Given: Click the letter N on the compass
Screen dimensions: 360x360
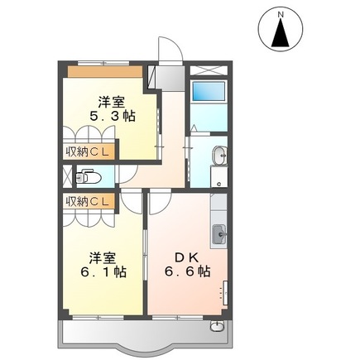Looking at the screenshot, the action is click(281, 15).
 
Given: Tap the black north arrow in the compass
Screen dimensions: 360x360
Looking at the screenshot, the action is click(281, 32).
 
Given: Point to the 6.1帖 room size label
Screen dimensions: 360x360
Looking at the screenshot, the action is click(103, 272).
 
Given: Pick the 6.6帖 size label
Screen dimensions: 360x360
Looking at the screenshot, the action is click(188, 272).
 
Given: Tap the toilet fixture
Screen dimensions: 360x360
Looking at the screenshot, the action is click(88, 177).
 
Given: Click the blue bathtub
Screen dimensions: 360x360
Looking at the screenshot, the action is click(209, 91).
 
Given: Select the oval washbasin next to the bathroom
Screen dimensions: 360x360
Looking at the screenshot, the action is click(219, 155).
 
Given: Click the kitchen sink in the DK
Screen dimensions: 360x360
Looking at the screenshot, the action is click(219, 234).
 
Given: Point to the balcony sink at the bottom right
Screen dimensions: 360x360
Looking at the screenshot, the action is click(217, 326).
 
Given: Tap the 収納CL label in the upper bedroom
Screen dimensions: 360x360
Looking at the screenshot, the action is click(87, 151).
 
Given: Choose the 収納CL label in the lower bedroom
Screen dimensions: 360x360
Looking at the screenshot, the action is click(87, 202).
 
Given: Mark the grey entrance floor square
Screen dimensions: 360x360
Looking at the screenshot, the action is click(170, 78).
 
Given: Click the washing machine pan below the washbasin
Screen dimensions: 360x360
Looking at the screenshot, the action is click(219, 177).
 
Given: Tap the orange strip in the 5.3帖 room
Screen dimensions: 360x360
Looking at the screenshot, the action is click(105, 72).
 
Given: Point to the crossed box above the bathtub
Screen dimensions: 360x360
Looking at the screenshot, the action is click(209, 70).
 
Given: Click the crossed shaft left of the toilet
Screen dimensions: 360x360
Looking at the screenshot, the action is click(67, 176).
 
